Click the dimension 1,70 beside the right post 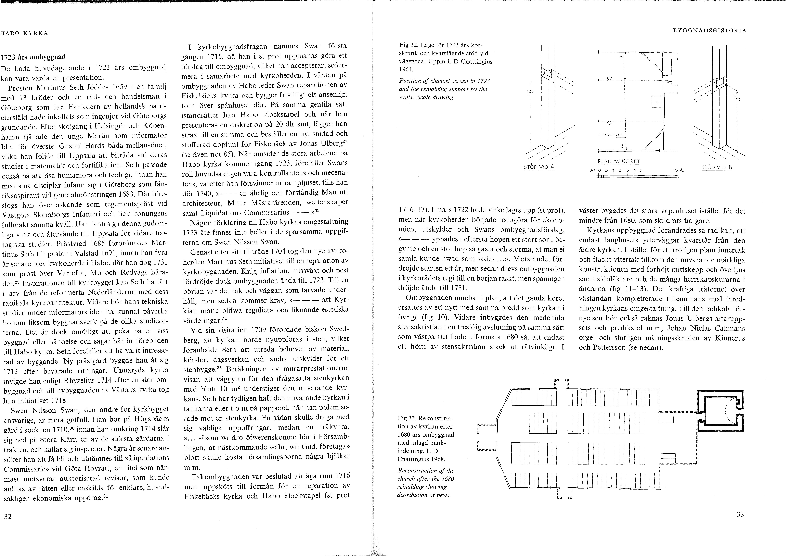pyautogui.click(x=735, y=99)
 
